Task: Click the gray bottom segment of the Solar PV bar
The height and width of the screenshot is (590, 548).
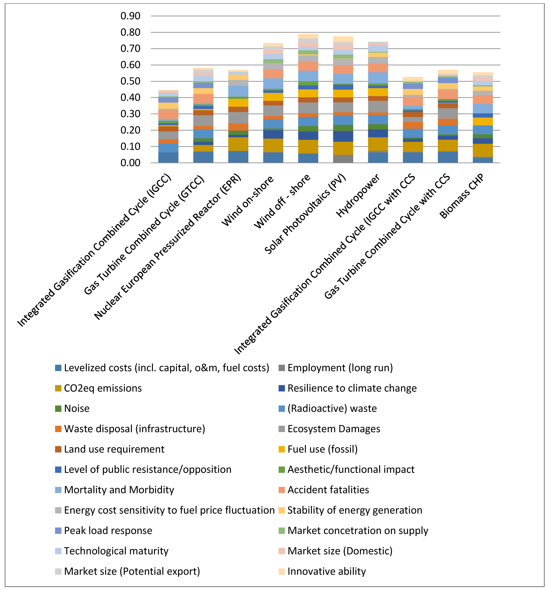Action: point(343,159)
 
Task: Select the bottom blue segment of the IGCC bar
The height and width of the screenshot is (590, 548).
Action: point(168,157)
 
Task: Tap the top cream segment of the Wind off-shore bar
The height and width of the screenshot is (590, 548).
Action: point(308,36)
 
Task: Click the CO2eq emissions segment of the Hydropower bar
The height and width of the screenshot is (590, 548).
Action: point(378,144)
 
